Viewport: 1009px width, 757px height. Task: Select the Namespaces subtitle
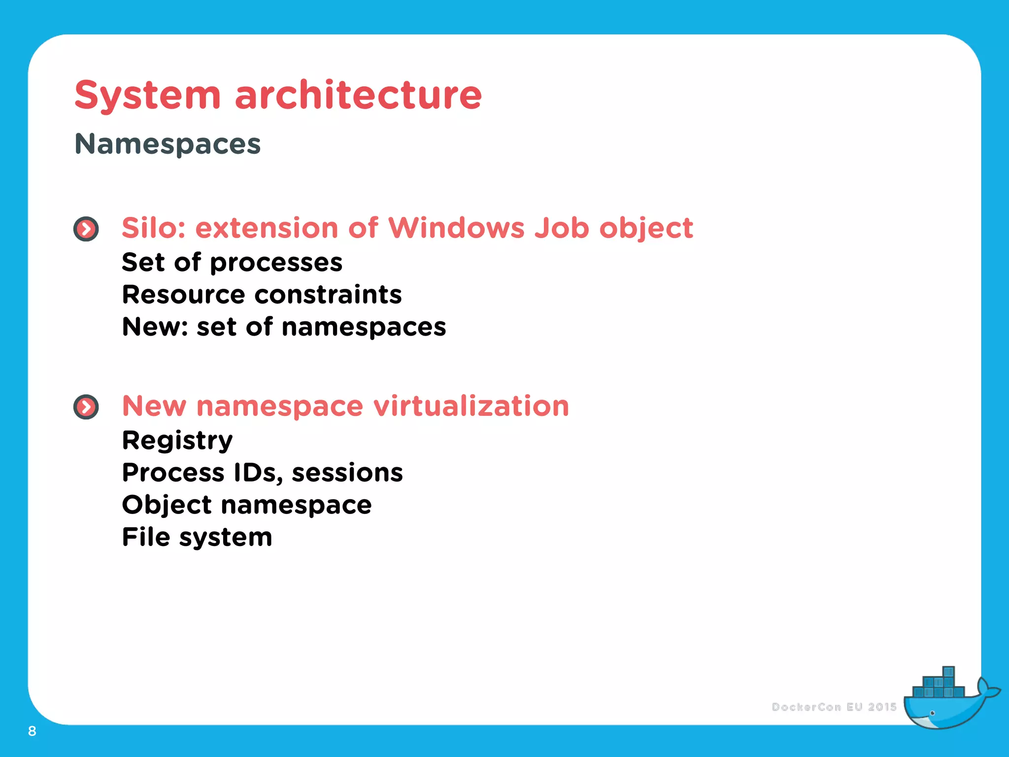pos(168,144)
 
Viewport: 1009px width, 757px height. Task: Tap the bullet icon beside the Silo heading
pos(86,229)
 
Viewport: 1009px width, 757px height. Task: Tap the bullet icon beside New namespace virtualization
pos(86,407)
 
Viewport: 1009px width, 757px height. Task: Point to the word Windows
pos(456,228)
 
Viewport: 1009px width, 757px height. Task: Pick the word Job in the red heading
pos(562,228)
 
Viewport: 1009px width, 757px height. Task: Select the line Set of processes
pos(232,262)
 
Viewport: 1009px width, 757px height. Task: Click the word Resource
pos(184,295)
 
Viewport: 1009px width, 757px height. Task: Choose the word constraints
pos(328,295)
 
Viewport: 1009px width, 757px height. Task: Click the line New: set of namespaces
pos(284,327)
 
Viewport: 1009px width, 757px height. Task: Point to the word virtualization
pos(471,406)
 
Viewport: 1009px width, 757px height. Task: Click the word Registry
pos(177,441)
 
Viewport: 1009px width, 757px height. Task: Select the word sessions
pos(347,473)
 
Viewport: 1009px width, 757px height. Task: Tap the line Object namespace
pos(247,505)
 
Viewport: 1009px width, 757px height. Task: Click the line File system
pos(197,537)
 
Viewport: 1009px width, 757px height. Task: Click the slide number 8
pos(32,731)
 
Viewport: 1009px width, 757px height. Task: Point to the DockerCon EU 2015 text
pos(834,707)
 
